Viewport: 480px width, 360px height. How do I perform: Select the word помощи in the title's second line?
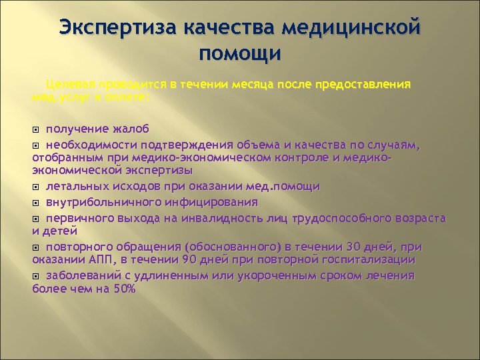[240, 53]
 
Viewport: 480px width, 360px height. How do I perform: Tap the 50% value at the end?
[123, 289]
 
